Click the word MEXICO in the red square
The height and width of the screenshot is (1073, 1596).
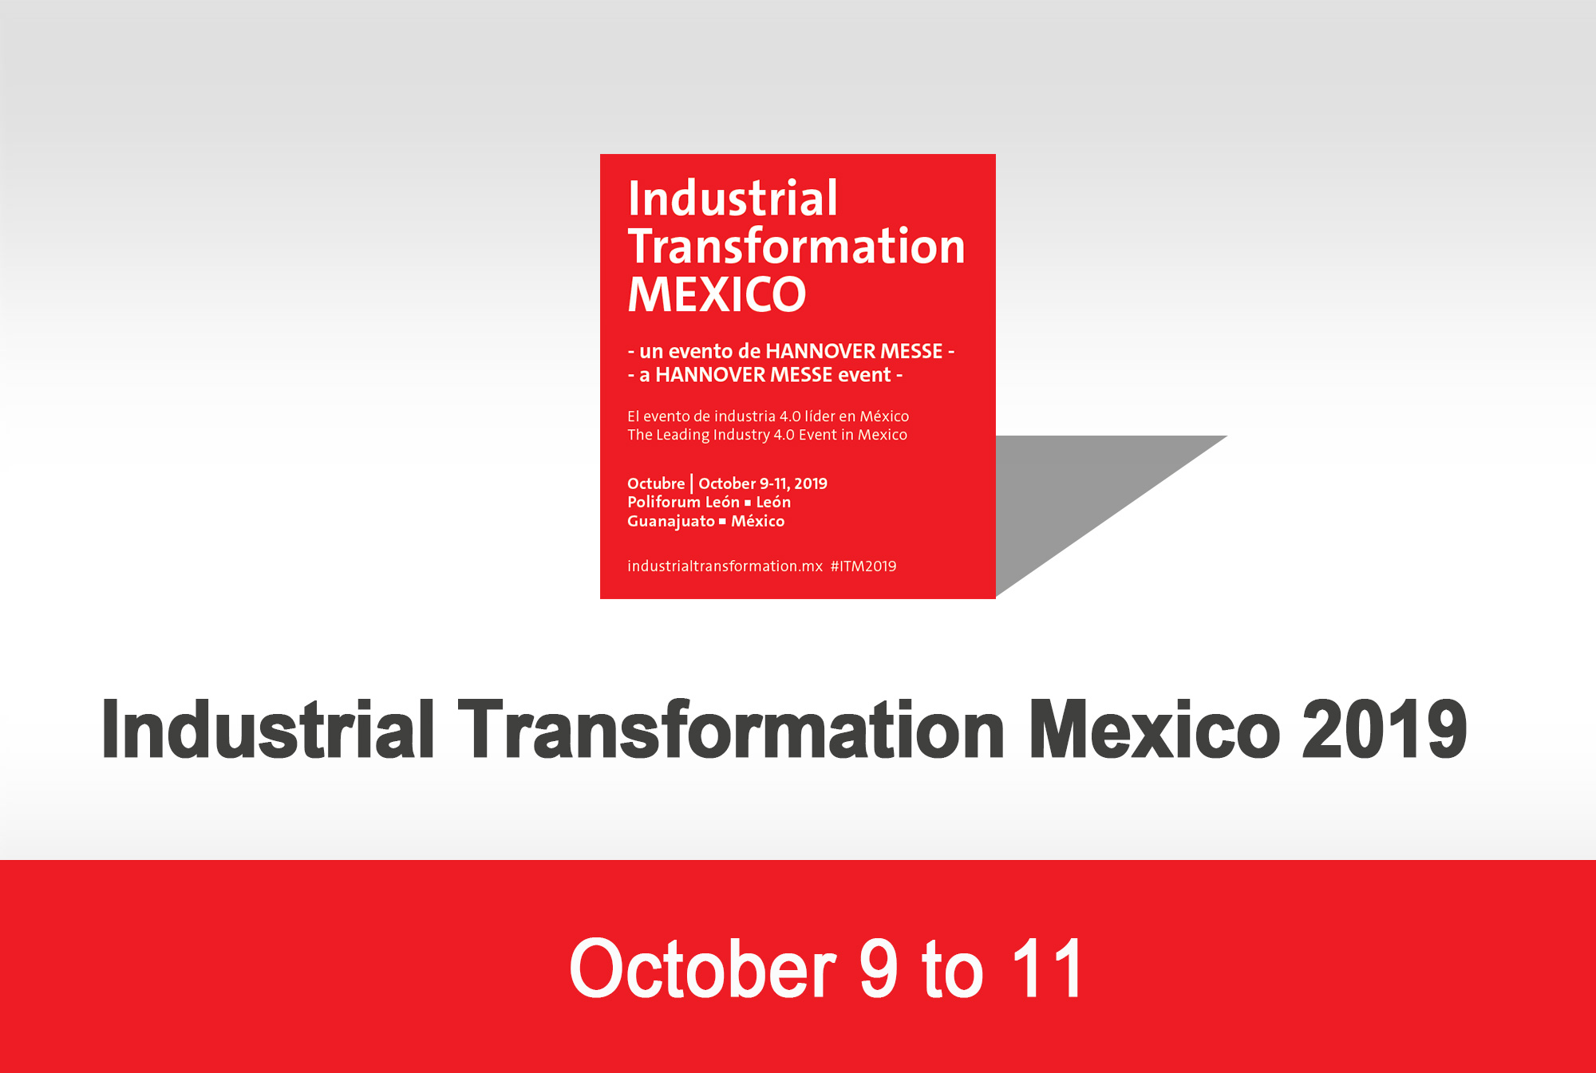[717, 294]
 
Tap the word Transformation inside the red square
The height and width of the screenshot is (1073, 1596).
[796, 246]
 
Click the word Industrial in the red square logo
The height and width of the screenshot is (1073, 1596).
[733, 198]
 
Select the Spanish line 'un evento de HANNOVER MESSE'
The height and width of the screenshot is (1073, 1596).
[791, 351]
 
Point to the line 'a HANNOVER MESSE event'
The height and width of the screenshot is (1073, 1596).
[765, 375]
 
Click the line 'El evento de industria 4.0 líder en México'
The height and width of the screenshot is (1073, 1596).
[768, 416]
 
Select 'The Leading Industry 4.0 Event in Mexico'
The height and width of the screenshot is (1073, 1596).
[767, 435]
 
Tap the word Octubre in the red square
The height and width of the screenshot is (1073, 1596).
[656, 483]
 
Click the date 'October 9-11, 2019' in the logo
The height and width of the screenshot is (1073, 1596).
[763, 483]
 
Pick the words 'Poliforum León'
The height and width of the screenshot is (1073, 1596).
[683, 502]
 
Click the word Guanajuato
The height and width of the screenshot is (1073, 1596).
[671, 521]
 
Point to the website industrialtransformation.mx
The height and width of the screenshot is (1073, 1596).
[725, 566]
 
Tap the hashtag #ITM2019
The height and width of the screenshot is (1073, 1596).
[863, 566]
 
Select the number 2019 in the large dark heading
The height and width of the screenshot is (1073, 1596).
[1385, 729]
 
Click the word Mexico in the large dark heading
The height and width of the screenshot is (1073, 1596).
[1155, 729]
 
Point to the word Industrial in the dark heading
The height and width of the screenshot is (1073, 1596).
[268, 729]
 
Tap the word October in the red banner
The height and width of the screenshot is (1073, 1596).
[703, 968]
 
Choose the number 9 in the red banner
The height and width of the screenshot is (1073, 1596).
[879, 968]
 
